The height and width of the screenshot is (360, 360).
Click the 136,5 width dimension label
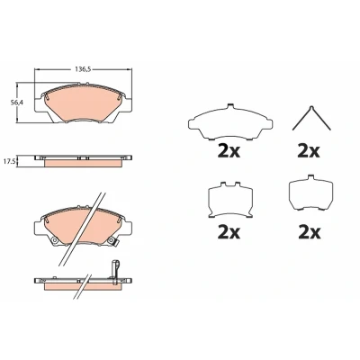(83, 69)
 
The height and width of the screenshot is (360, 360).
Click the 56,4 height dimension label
(17, 103)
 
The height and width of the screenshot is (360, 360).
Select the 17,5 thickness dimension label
(11, 160)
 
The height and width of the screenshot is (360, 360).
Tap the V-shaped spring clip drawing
(311, 118)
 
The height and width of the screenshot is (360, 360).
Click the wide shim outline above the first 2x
(230, 121)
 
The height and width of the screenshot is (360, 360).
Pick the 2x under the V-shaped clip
(309, 152)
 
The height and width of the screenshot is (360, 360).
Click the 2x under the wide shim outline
(229, 152)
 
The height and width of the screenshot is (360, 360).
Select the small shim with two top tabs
(230, 200)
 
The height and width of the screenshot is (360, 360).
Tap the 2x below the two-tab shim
(229, 232)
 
